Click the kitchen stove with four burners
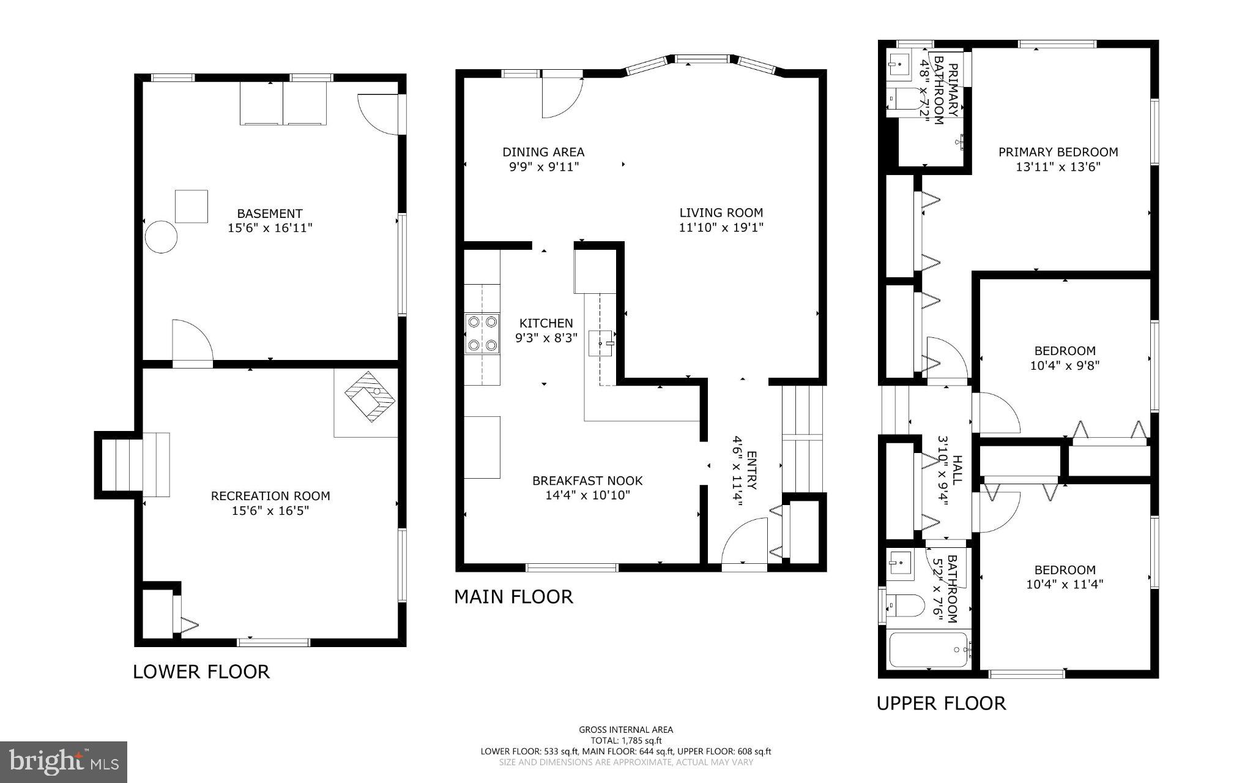(482, 334)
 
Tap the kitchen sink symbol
(601, 343)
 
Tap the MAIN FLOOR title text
(513, 596)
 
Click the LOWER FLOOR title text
(201, 672)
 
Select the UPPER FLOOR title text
(941, 703)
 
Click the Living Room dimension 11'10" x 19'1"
(721, 228)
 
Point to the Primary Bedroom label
(1058, 152)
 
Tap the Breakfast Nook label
(587, 481)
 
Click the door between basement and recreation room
(191, 343)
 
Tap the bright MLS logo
(64, 761)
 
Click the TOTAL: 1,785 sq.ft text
(626, 740)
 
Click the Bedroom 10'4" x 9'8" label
(1065, 358)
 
